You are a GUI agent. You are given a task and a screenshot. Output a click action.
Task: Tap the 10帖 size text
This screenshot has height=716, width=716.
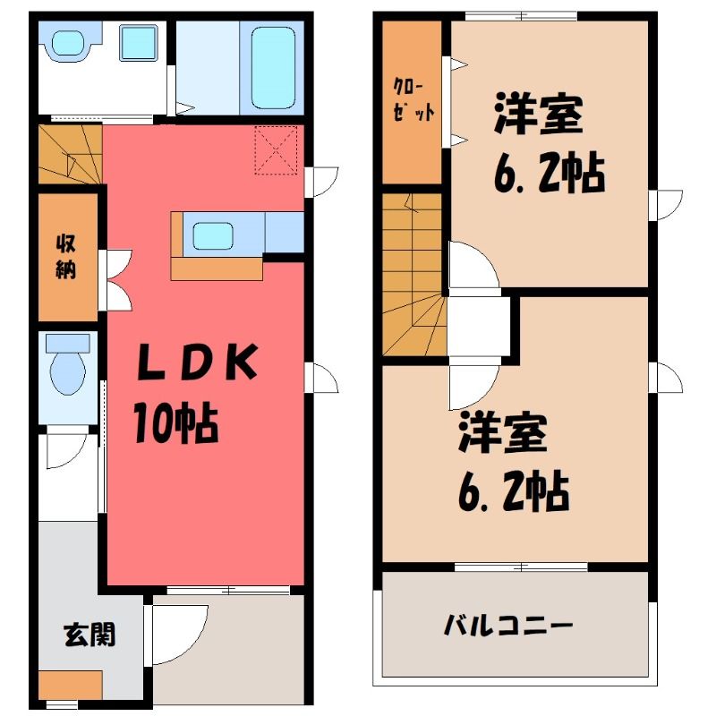175,422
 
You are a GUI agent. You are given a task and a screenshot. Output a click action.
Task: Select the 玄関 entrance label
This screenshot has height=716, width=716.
89,635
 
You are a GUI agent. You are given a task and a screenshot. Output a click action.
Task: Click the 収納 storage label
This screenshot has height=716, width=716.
65,257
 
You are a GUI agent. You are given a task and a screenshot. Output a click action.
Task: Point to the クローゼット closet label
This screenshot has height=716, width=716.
413,99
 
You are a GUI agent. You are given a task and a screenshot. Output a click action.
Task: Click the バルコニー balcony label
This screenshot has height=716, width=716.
508,626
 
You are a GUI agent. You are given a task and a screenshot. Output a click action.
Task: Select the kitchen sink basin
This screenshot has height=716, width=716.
213,235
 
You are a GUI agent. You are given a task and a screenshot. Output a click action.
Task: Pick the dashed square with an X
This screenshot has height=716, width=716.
276,150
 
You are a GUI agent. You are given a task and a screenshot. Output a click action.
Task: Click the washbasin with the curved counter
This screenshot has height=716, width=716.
69,44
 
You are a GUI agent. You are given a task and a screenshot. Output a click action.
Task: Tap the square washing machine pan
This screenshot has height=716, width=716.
139,42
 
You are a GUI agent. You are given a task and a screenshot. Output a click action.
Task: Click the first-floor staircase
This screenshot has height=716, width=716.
70,154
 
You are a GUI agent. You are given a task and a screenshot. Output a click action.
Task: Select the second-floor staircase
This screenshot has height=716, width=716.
413,274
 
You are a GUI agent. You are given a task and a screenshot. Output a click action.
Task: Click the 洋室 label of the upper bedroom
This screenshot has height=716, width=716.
539,114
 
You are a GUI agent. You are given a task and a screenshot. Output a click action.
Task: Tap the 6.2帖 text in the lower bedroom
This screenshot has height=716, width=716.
514,493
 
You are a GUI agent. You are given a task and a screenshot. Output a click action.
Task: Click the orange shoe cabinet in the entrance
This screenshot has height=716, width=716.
70,685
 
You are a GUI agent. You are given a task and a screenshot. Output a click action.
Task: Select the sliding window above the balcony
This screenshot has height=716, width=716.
521,567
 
